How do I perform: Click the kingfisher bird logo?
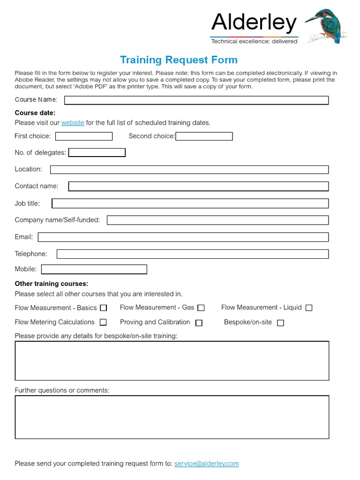pos(328,26)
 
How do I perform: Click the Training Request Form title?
pos(179,60)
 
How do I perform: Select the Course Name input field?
pos(196,100)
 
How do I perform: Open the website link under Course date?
pos(73,123)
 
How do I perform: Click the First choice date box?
pos(84,136)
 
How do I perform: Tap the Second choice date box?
pos(204,136)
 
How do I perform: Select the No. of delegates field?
pos(97,153)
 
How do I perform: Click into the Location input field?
pos(189,170)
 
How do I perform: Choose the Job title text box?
pos(190,203)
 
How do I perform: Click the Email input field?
pos(183,237)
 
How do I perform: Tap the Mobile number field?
pos(94,270)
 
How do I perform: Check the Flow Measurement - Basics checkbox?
pos(104,308)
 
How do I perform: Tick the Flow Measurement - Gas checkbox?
pos(201,308)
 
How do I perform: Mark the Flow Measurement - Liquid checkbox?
pos(309,308)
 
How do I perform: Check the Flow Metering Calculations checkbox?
pos(103,322)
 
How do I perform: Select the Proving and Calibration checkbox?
pos(199,323)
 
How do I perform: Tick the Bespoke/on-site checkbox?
pos(280,323)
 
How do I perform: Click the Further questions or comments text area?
pos(172,417)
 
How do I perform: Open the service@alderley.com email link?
pos(206,464)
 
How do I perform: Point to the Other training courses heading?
pos(52,284)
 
